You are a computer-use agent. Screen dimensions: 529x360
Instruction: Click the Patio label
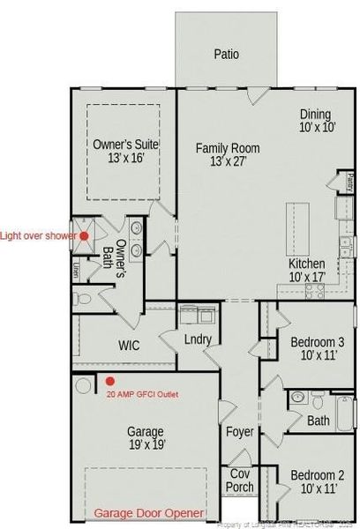(226, 54)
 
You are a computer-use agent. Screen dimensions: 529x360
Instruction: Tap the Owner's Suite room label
(124, 150)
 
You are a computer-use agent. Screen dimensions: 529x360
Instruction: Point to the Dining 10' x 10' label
(315, 120)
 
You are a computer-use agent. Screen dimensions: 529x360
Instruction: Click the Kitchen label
(307, 270)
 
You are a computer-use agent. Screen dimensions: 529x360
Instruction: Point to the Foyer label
(240, 432)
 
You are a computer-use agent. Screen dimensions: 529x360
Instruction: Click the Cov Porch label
(240, 480)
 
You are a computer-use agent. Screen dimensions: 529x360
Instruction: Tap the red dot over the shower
(84, 235)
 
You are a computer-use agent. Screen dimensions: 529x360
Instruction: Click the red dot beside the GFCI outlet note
(109, 381)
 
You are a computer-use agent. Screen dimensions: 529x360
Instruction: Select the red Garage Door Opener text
(149, 513)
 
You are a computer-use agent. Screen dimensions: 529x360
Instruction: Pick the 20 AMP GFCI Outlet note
(142, 395)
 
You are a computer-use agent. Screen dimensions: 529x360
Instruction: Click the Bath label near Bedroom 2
(319, 421)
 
